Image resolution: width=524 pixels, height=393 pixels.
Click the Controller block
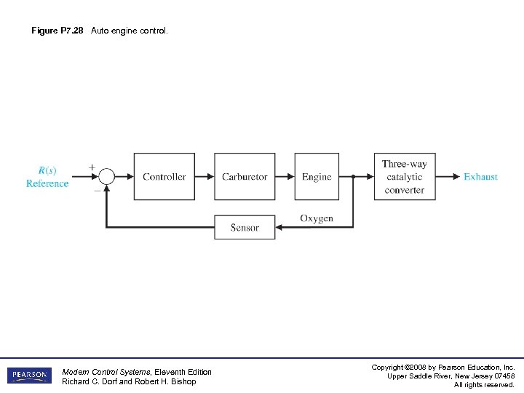tap(164, 176)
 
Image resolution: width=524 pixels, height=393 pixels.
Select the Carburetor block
tap(245, 176)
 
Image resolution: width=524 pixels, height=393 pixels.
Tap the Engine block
tap(317, 176)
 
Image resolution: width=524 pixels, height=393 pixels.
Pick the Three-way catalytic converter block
tap(405, 176)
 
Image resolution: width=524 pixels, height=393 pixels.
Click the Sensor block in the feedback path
tap(245, 227)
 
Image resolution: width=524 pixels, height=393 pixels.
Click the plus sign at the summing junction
tap(92, 167)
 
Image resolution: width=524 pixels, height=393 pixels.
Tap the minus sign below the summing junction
tap(97, 190)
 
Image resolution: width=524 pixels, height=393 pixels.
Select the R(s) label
tap(47, 170)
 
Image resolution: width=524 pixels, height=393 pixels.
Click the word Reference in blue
tap(47, 183)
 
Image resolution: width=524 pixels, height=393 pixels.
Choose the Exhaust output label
tap(480, 176)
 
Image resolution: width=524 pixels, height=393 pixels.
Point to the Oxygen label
tap(317, 218)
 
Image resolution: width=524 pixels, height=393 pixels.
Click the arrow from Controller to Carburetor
tap(205, 176)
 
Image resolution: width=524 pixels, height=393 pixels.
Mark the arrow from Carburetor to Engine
tap(285, 176)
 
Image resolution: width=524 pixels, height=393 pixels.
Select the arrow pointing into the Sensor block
tap(281, 227)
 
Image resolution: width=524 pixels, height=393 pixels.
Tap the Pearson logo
tap(30, 376)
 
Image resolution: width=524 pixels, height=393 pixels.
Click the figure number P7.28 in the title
tap(71, 31)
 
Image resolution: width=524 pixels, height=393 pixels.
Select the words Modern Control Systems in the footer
tap(107, 372)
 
